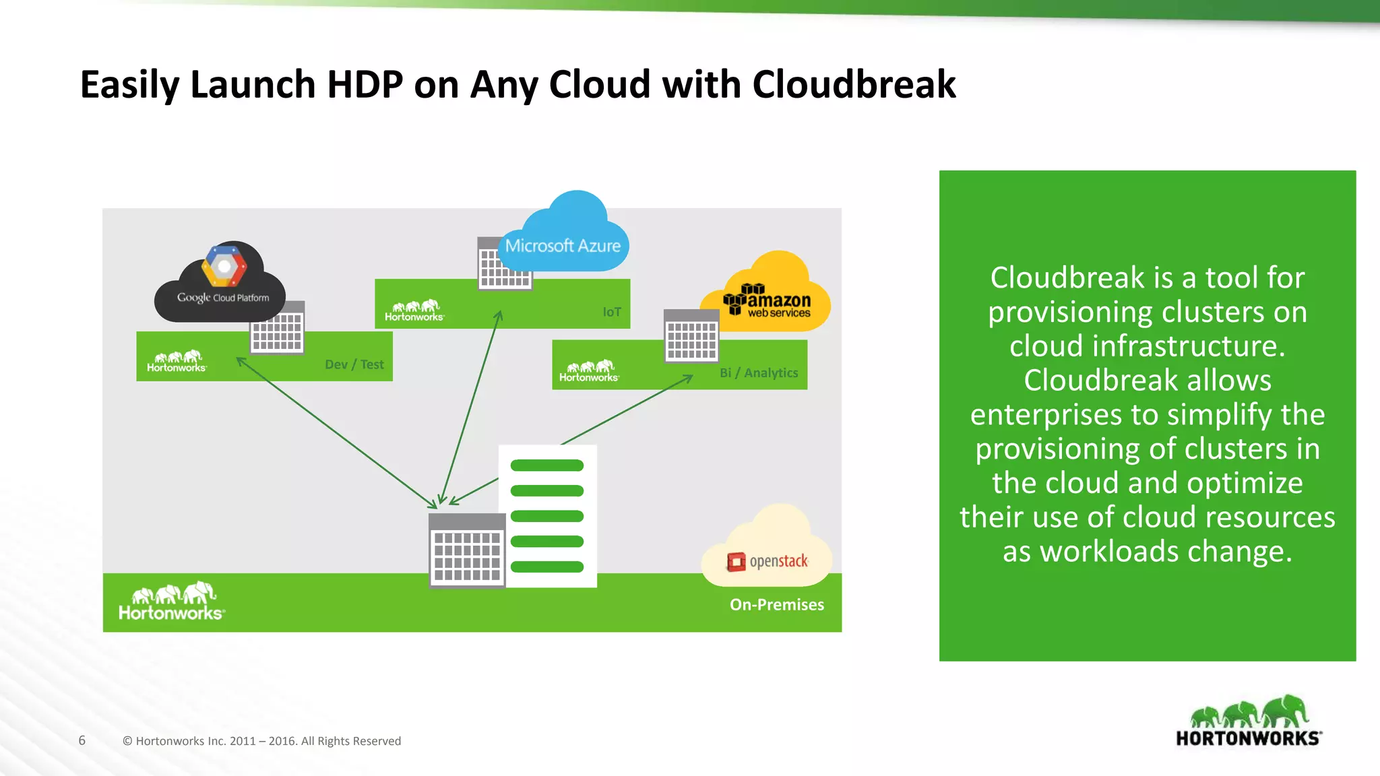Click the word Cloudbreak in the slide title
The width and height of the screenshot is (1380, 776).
pos(854,85)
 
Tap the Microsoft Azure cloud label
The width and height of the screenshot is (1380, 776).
pos(563,246)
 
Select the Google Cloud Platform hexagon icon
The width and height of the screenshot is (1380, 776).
pos(224,266)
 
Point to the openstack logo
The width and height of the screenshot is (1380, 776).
pos(767,561)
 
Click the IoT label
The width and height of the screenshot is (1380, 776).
pos(612,312)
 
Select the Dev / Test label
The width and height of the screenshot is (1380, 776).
pos(354,364)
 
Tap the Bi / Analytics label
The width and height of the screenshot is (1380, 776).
pos(759,373)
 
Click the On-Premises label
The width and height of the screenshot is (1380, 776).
pos(777,604)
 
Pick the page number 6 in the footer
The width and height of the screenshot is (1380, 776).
pos(82,740)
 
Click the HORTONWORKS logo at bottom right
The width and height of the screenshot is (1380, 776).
pos(1249,722)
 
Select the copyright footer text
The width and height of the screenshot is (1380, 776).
pos(261,741)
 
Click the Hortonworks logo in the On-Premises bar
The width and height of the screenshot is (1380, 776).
pos(172,601)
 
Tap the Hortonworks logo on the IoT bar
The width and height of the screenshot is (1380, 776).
pos(414,311)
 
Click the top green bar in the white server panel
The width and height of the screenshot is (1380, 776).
pos(547,465)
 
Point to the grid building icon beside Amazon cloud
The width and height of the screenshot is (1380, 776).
pos(691,337)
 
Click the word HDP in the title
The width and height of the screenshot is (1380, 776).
pos(365,85)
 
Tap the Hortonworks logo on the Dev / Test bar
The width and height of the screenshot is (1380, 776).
pos(177,361)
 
